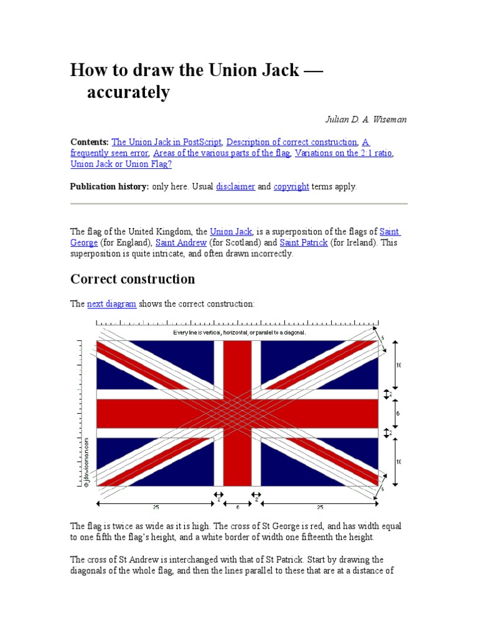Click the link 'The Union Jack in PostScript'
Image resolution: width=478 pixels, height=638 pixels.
pos(167,142)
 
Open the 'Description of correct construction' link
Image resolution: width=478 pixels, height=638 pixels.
pos(292,142)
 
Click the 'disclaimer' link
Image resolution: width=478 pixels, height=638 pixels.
pos(235,186)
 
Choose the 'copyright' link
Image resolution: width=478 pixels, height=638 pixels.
pos(291,186)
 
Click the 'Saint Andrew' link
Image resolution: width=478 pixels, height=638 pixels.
pos(180,242)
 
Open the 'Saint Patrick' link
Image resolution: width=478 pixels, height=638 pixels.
pos(304,242)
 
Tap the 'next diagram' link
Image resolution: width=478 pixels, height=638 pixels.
pos(111,304)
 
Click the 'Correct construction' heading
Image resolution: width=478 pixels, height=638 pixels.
pos(133,279)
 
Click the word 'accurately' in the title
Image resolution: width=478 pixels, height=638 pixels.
pos(128,92)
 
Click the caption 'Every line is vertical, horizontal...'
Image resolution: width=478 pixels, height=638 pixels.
pos(239,333)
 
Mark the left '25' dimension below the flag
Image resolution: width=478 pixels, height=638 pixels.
pos(156,507)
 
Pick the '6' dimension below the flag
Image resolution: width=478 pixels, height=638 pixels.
pos(237,507)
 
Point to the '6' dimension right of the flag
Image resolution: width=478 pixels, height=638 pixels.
pos(398,413)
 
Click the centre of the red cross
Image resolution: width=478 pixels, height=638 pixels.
pos(237,413)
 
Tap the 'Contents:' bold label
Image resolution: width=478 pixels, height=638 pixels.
pos(90,142)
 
